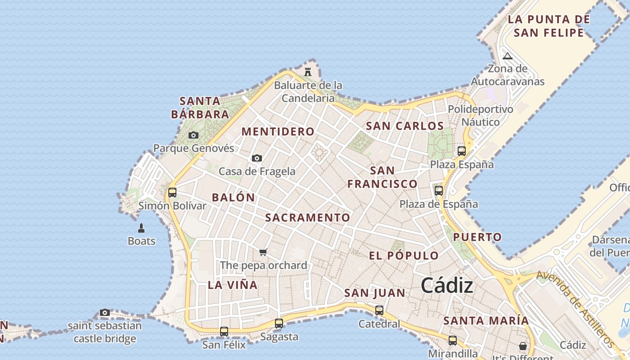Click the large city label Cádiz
447,286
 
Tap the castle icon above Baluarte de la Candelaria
308,72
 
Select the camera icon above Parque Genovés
193,135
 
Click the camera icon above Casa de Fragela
257,158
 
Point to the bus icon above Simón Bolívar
172,193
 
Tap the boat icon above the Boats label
141,228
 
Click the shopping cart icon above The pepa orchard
263,252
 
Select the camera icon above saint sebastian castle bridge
105,312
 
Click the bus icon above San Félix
224,332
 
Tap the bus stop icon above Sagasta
279,323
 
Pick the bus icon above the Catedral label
379,310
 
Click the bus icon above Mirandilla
453,340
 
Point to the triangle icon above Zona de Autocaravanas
508,56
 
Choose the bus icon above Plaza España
462,151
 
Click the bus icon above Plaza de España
439,191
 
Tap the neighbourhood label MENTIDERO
278,131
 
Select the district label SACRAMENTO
307,217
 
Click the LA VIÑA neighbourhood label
233,285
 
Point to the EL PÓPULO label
404,256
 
